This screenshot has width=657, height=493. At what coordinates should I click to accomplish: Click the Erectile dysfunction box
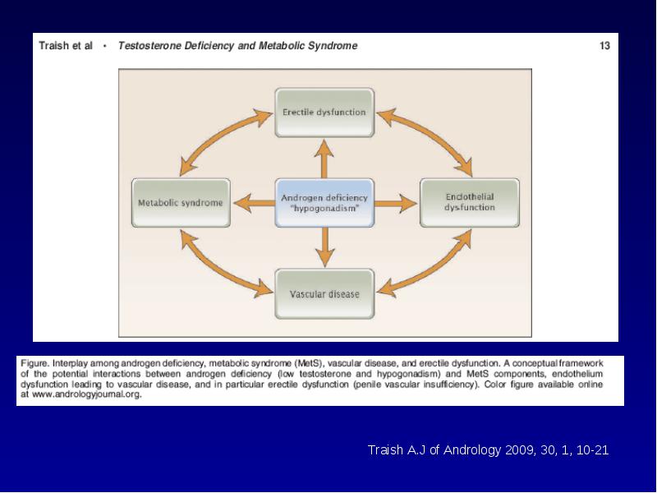(324, 113)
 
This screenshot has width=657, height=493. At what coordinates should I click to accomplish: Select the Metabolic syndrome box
(181, 203)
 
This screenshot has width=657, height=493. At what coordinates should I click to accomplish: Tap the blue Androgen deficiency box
(324, 203)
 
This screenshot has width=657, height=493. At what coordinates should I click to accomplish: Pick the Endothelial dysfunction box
(470, 203)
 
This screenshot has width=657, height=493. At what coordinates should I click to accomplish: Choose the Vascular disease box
(324, 294)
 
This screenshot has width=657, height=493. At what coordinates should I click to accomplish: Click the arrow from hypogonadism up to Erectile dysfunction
(324, 159)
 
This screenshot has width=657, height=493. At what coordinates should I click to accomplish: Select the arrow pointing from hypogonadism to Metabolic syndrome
(254, 203)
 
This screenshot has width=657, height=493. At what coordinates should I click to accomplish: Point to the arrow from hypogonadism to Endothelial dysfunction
(396, 203)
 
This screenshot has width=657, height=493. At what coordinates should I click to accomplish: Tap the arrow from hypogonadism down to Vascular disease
(324, 247)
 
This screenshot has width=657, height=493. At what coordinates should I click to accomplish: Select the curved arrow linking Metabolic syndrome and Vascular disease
(218, 270)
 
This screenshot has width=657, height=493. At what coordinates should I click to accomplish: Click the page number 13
(604, 46)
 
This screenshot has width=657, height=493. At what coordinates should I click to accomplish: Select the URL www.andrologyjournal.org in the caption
(87, 394)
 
